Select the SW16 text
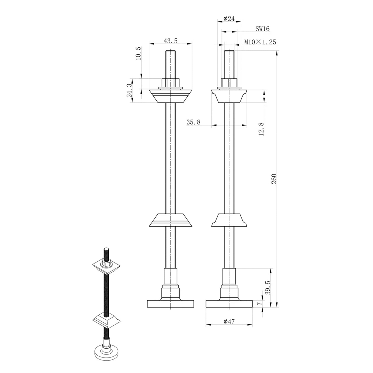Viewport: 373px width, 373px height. click(263, 29)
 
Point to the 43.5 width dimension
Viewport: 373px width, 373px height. click(171, 41)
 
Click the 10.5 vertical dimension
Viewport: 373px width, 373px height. click(138, 53)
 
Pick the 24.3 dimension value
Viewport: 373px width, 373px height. click(130, 90)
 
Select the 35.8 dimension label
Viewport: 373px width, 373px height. click(193, 122)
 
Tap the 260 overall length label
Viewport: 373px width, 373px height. click(274, 179)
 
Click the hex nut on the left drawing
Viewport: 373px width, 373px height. click(171, 83)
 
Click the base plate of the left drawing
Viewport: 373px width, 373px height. click(171, 304)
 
